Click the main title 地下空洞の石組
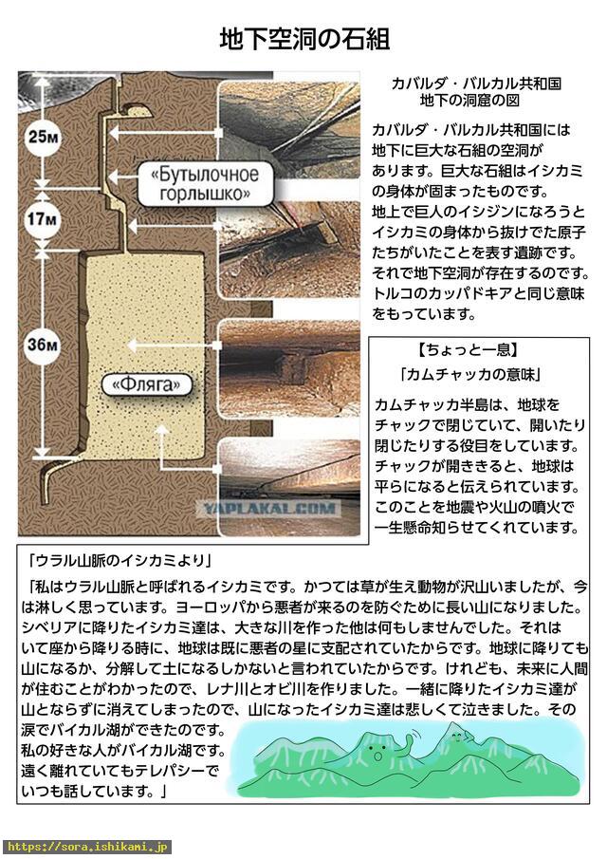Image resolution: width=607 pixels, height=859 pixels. click(304, 40)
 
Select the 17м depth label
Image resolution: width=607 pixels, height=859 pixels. click(43, 219)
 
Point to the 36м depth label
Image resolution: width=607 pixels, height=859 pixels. click(43, 345)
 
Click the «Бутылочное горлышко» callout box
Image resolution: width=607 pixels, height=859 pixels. click(205, 184)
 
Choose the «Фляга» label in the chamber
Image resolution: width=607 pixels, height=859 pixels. click(147, 384)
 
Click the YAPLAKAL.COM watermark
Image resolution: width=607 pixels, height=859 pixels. click(270, 509)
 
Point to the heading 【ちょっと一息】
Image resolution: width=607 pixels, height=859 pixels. click(468, 350)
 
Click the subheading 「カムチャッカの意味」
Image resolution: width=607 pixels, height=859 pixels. click(470, 375)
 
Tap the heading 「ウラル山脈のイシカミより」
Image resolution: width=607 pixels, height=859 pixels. click(120, 560)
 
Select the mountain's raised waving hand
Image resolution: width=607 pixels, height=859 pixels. click(408, 743)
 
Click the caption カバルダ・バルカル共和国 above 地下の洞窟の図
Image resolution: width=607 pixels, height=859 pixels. click(476, 84)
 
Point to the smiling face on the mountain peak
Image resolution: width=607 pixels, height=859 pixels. click(454, 737)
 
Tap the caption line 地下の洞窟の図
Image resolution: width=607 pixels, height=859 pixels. click(469, 101)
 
